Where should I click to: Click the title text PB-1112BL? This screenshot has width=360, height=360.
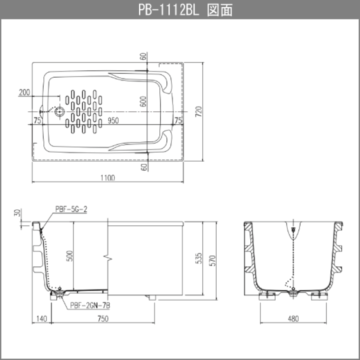point(168,10)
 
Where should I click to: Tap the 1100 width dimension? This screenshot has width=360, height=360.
point(107,177)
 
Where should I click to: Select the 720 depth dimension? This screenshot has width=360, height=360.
point(198,111)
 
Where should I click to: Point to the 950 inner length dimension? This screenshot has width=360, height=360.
point(113,120)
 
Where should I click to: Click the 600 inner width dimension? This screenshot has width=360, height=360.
point(143,101)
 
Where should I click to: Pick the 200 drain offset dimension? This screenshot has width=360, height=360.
point(24,92)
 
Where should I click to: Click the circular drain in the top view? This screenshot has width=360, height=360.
point(59,112)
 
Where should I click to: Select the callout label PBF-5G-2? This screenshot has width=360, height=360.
point(71,209)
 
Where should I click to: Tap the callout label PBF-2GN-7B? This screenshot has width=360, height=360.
point(90,305)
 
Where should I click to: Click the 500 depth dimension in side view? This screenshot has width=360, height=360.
point(69,256)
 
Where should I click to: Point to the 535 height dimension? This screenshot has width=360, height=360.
point(199,258)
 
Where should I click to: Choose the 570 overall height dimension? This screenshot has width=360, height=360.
point(212,260)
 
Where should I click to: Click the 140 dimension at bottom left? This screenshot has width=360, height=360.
point(41,318)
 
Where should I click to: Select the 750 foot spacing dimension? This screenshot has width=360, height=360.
point(103,318)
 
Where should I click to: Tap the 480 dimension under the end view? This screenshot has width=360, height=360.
point(293,318)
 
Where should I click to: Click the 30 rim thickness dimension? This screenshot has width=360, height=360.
point(17,212)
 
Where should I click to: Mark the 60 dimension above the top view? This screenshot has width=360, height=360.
point(143,56)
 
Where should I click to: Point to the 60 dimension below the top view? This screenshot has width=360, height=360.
point(144,167)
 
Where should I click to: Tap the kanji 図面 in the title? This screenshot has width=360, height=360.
point(220,10)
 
